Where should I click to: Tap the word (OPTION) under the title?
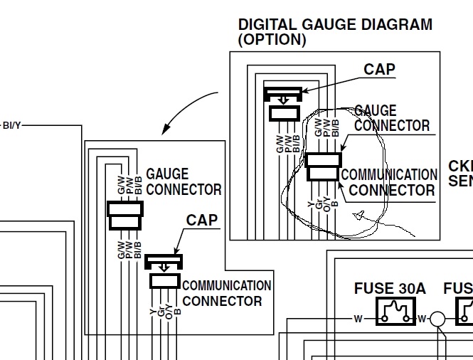(x=272, y=41)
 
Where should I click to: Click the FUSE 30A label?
(x=390, y=289)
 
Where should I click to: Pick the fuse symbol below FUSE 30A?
(x=395, y=311)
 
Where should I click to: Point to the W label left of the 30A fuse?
(x=358, y=317)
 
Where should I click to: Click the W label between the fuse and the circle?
(x=422, y=318)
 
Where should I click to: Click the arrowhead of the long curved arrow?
(x=165, y=130)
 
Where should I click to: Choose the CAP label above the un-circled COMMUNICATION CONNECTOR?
(x=202, y=219)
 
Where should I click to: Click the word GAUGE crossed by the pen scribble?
(x=376, y=111)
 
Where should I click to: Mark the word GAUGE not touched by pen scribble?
(x=167, y=174)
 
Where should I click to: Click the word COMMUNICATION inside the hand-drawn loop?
(x=390, y=175)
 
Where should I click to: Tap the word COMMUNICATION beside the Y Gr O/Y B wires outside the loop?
(x=227, y=286)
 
